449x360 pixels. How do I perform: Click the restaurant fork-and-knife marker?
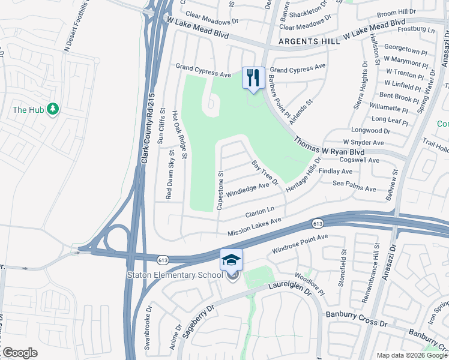pos(253,77)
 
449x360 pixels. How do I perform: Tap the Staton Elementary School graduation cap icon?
pos(232,260)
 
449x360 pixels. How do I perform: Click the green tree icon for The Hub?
pos(53,109)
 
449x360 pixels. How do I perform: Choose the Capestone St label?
pos(220,191)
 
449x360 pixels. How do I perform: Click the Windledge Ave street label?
pos(247,190)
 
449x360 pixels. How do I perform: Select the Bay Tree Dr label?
pos(265,173)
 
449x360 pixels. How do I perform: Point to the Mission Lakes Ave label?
pos(254,227)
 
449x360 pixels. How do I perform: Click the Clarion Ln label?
pos(260,212)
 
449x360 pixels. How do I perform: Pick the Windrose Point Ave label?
pos(300,243)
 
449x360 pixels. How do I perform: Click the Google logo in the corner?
pos(20,353)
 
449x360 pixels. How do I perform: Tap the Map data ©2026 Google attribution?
pos(411,355)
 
